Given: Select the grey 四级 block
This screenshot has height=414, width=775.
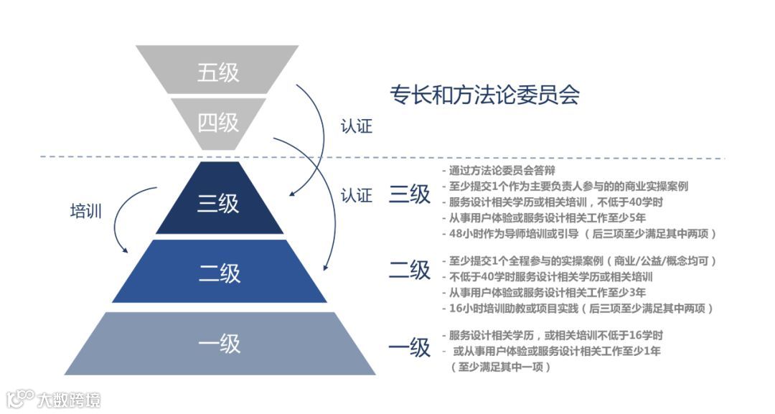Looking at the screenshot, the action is click(218, 123).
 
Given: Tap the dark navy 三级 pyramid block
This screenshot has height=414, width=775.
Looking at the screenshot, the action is click(219, 203).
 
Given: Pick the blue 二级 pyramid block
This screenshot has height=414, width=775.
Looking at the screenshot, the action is click(219, 272).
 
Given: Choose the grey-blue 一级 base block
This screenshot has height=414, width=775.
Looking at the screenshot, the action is click(219, 344).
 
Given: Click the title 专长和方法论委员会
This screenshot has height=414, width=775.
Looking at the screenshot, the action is click(484, 95).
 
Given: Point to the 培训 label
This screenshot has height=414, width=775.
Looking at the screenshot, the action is click(85, 211).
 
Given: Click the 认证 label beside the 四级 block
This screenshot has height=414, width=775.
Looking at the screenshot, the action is click(357, 127).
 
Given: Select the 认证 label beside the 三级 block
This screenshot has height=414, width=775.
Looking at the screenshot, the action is click(357, 195).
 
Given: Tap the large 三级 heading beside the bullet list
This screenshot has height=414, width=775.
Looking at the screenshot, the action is click(410, 195).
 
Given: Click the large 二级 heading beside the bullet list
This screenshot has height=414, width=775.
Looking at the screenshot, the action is click(410, 270).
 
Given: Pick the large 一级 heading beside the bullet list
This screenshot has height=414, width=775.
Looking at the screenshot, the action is click(410, 347).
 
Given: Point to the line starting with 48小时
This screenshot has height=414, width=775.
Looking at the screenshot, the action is click(581, 234).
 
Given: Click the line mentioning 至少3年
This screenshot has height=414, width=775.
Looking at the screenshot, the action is click(547, 293).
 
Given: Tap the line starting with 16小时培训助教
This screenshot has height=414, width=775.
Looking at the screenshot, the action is click(580, 309).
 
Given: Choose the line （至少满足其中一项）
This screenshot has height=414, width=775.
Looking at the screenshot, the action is click(500, 367).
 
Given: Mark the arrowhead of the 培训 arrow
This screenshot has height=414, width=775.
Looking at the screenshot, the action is click(126, 250).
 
